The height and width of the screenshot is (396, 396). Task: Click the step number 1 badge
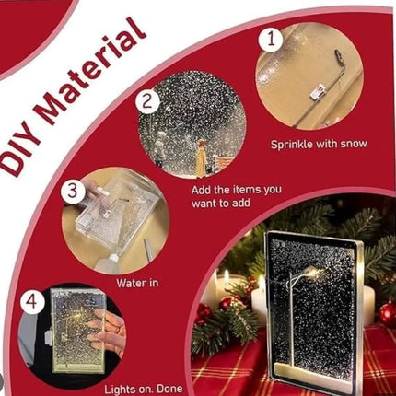point(271,39)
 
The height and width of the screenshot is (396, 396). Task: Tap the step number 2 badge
point(148,101)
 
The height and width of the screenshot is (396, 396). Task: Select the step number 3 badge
point(73,192)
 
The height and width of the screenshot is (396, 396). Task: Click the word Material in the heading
point(90,72)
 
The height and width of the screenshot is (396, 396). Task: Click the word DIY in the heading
point(20,154)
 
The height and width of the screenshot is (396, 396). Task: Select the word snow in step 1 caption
point(353,144)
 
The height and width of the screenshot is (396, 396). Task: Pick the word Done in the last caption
point(169,390)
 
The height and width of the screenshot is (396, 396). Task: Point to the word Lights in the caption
point(120,390)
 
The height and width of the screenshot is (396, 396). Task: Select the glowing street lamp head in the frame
point(312,272)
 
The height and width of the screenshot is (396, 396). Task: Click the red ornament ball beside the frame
point(388,314)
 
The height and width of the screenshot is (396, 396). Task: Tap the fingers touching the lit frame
point(108,332)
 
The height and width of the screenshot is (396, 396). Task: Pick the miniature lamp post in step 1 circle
point(320,90)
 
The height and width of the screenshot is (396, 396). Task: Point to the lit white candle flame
point(227,278)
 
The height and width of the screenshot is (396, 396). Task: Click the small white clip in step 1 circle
point(317,92)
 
